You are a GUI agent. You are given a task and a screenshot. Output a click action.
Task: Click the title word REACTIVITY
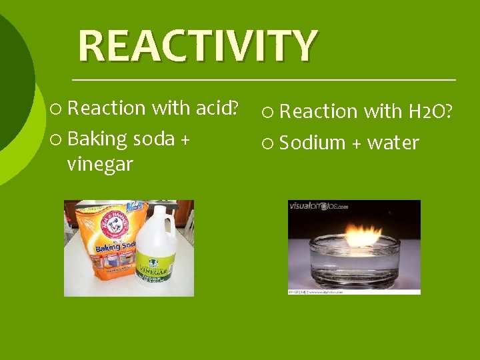point(197,45)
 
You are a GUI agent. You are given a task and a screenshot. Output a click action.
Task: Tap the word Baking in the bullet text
point(97,139)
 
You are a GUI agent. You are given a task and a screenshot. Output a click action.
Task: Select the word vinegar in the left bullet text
point(100,164)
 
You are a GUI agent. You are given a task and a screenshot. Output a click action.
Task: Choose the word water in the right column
point(393,143)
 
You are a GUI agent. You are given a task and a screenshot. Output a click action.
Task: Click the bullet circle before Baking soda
point(57,139)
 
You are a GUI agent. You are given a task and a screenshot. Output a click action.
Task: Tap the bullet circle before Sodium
point(269,143)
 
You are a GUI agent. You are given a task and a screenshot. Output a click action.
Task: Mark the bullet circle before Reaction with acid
point(57,108)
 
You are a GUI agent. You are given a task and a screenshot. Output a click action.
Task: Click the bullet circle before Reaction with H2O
point(269,112)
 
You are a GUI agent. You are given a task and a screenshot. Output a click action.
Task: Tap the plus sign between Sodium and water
point(356,143)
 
